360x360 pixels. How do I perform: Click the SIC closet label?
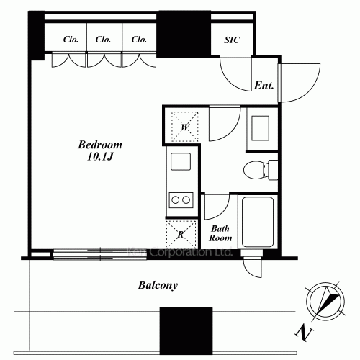pyautogui.click(x=232, y=40)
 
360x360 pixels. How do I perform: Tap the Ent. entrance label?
pyautogui.click(x=264, y=86)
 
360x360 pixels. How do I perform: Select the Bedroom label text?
pyautogui.click(x=100, y=144)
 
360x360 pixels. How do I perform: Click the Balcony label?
pyautogui.click(x=158, y=285)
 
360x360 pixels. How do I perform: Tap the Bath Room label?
pyautogui.click(x=220, y=233)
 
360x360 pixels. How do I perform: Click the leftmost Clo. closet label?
pyautogui.click(x=71, y=40)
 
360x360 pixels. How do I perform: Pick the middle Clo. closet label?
pyautogui.click(x=104, y=40)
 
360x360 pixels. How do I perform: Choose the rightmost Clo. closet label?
pyautogui.click(x=138, y=40)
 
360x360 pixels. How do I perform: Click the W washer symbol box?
pyautogui.click(x=184, y=127)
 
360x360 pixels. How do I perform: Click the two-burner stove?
pyautogui.click(x=180, y=199)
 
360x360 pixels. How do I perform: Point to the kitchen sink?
pyautogui.click(x=179, y=163)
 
